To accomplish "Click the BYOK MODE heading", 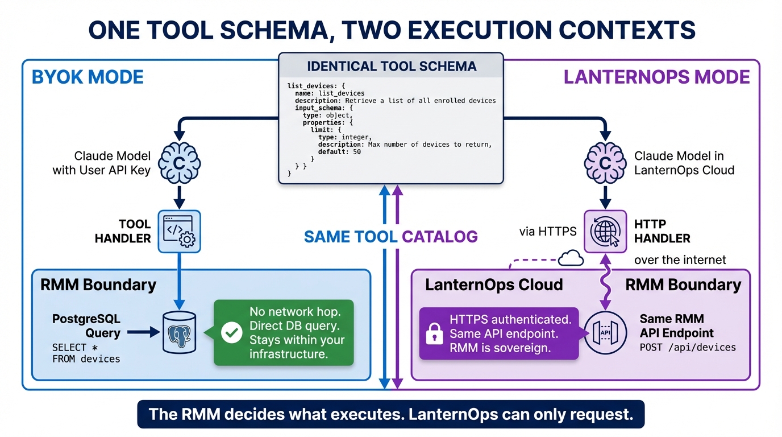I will click(x=88, y=77).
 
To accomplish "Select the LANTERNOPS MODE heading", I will click(x=656, y=77).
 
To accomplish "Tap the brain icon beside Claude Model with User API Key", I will click(x=179, y=163).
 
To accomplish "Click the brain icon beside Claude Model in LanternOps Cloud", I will click(x=605, y=163).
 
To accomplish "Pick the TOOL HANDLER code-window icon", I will click(x=179, y=232).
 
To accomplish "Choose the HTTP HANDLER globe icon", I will click(x=605, y=232).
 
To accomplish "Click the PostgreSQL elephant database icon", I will click(x=179, y=333).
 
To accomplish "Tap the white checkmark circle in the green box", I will click(x=231, y=333).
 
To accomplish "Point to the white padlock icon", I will click(x=434, y=335).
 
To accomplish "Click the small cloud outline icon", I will click(x=571, y=259).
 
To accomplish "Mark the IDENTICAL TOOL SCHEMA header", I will click(x=391, y=66).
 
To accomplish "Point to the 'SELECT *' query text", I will click(x=69, y=347).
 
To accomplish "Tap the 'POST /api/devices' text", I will click(x=688, y=347).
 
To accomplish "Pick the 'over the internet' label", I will click(x=680, y=259).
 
